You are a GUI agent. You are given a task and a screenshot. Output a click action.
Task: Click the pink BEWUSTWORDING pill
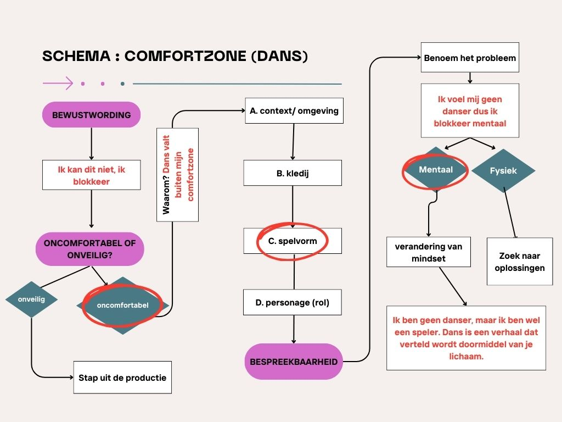[x=91, y=115]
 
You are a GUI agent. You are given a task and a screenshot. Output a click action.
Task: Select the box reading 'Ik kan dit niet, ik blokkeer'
[x=91, y=175]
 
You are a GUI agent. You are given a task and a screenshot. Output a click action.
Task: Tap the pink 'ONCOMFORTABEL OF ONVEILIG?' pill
[x=90, y=248]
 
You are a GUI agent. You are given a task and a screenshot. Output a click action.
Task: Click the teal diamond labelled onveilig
[x=31, y=299]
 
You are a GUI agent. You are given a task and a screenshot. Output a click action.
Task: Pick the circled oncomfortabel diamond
[x=122, y=305]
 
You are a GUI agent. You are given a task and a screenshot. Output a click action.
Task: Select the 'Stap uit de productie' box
[x=122, y=377]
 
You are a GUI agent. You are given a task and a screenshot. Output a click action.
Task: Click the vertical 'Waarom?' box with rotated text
[x=177, y=175]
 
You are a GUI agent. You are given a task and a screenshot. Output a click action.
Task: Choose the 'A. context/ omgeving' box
[x=294, y=111]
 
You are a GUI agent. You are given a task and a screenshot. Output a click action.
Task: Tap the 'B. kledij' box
[x=293, y=173]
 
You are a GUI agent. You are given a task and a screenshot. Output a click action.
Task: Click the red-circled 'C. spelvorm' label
[x=293, y=241]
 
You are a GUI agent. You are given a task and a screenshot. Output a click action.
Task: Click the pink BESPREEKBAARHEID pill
[x=294, y=362]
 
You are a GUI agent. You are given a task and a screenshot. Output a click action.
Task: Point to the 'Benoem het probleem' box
[x=470, y=58]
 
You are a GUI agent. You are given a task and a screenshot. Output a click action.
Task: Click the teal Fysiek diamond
[x=503, y=170]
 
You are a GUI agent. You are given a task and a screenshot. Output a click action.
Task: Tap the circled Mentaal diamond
[x=436, y=169]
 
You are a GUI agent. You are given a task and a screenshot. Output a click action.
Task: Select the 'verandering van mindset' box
[x=429, y=252]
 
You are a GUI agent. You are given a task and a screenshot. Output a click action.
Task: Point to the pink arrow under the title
[x=58, y=84]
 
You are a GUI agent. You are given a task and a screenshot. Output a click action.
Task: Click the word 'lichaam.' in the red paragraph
[x=467, y=356]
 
